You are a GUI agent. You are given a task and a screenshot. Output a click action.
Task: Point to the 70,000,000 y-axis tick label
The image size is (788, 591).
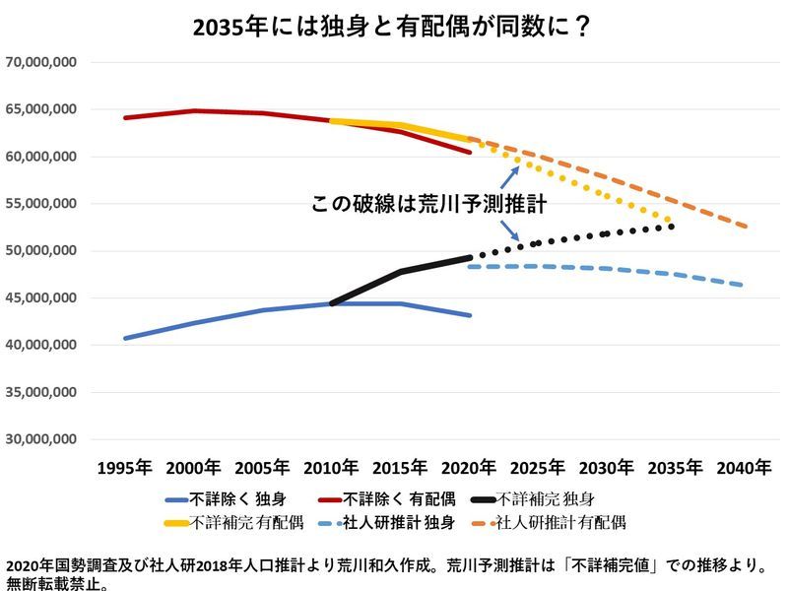tap(41, 62)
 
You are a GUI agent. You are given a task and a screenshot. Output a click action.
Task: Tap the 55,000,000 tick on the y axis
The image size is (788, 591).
tap(41, 204)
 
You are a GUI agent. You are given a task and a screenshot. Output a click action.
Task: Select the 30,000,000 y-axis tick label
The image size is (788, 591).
tap(41, 439)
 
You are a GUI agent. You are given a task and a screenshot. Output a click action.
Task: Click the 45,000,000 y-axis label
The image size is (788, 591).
tap(41, 297)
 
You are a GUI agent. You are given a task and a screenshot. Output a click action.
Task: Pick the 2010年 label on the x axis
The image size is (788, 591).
tap(332, 467)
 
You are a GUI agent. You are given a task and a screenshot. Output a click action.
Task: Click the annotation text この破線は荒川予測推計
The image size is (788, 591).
tap(428, 204)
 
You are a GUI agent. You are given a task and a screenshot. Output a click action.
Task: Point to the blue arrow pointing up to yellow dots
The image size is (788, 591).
tap(510, 176)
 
